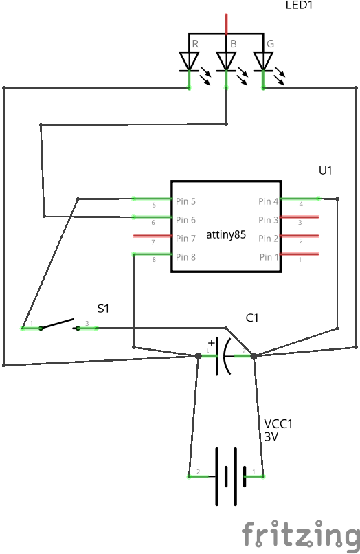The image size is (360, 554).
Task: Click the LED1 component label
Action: pos(300,5)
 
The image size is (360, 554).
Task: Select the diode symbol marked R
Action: pos(189,60)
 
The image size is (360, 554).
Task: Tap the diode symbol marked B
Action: pos(226,60)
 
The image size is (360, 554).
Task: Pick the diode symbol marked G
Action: pos(263,60)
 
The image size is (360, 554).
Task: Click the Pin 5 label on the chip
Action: pos(185,201)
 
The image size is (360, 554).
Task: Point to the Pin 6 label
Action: pos(185,220)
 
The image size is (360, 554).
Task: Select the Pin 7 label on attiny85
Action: pos(185,239)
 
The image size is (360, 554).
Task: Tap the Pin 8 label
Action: pos(185,257)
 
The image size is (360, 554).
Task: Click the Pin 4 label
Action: pos(269,201)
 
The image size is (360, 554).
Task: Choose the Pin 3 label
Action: pos(269,220)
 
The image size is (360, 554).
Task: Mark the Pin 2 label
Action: pos(269,239)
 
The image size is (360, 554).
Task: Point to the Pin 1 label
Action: pos(269,257)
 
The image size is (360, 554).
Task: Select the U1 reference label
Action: pos(325,170)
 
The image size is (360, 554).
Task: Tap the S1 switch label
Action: pos(103,309)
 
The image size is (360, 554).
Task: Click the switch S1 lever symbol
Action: pos(58,324)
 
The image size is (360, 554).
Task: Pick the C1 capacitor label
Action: pos(252,318)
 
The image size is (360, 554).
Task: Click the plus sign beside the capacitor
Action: pos(211,342)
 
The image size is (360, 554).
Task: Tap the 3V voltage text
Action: pos(271,436)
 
